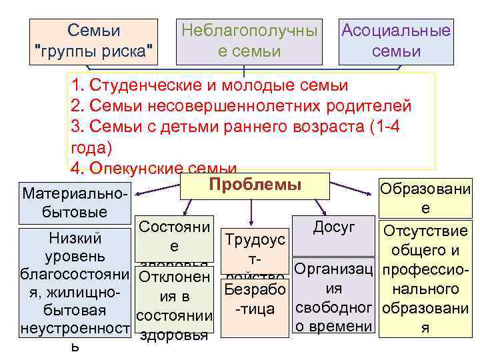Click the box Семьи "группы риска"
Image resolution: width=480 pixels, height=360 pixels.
pyautogui.click(x=93, y=41)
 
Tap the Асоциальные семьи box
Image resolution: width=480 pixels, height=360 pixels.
pyautogui.click(x=396, y=41)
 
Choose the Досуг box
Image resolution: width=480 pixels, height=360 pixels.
pyautogui.click(x=334, y=227)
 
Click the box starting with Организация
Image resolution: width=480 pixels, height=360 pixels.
pyautogui.click(x=334, y=300)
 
